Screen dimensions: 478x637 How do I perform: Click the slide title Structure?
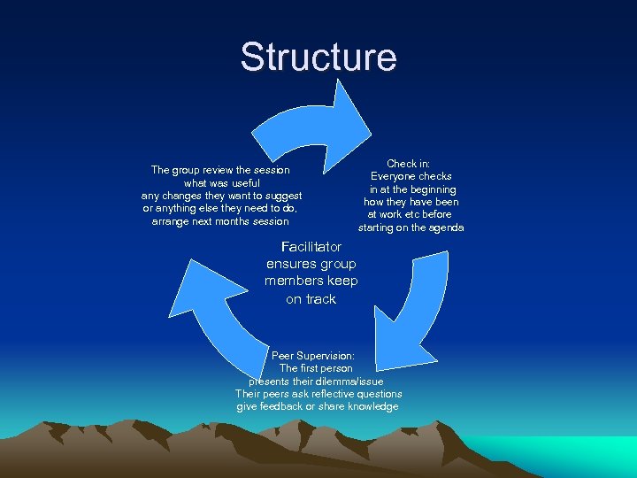tap(318, 58)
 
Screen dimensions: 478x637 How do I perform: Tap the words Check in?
tap(408, 164)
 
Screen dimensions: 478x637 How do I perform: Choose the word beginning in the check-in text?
tap(433, 189)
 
